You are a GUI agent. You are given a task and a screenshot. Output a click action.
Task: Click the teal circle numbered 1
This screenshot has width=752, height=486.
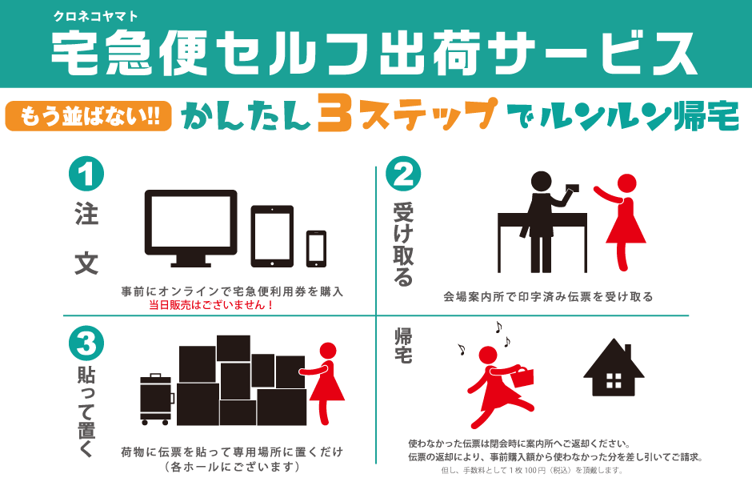[86, 174]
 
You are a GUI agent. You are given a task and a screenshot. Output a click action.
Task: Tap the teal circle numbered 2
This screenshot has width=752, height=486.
[403, 174]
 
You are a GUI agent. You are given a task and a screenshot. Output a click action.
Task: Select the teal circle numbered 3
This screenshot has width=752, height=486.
[86, 344]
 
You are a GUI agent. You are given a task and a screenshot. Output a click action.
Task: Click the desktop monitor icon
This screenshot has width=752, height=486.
[191, 228]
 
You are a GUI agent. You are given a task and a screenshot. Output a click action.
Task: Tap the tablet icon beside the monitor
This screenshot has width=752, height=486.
[272, 236]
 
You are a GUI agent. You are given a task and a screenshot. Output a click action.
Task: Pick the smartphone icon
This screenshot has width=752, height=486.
[316, 248]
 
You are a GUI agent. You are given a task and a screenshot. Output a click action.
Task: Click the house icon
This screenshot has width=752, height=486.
[614, 368]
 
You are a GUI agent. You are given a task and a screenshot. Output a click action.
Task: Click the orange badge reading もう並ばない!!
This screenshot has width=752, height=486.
[88, 115]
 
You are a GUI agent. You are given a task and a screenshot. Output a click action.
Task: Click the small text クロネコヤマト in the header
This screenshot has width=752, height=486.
[95, 16]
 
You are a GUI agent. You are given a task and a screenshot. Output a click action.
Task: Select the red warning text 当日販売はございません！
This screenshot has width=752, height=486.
[211, 305]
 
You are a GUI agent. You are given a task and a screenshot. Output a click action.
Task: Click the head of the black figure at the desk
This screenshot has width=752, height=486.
[541, 182]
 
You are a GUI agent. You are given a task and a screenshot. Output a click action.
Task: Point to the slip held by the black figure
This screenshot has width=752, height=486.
[572, 188]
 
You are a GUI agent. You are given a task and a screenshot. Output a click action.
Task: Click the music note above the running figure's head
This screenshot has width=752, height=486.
[498, 327]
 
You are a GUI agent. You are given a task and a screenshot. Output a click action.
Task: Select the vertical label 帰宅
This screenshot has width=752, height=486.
[403, 345]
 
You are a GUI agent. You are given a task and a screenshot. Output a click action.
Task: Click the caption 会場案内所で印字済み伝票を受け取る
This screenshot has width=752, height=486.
[548, 297]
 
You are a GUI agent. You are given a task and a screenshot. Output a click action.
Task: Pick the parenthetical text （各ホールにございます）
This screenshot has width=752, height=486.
[232, 466]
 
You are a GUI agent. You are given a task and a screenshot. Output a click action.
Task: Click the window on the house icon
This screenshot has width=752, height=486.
[614, 380]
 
